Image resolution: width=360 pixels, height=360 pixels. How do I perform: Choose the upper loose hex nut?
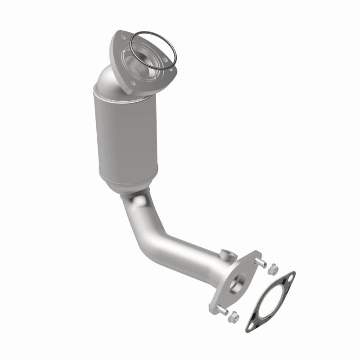(x=272, y=270)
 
